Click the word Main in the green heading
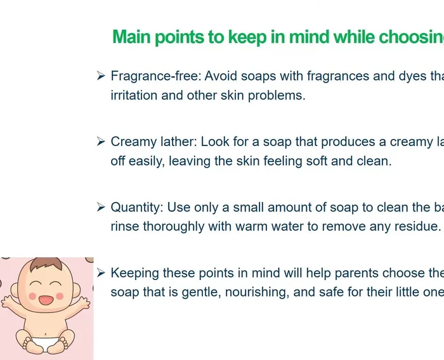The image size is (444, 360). [x=131, y=37]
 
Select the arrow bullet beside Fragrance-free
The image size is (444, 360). [x=101, y=76]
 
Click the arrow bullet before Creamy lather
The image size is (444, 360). [x=101, y=142]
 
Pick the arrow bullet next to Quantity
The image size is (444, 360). [x=101, y=207]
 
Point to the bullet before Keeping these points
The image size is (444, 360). [x=101, y=273]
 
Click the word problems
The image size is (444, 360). [x=278, y=96]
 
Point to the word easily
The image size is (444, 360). [x=145, y=161]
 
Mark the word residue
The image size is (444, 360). [x=419, y=227]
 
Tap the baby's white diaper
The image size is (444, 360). [x=46, y=343]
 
